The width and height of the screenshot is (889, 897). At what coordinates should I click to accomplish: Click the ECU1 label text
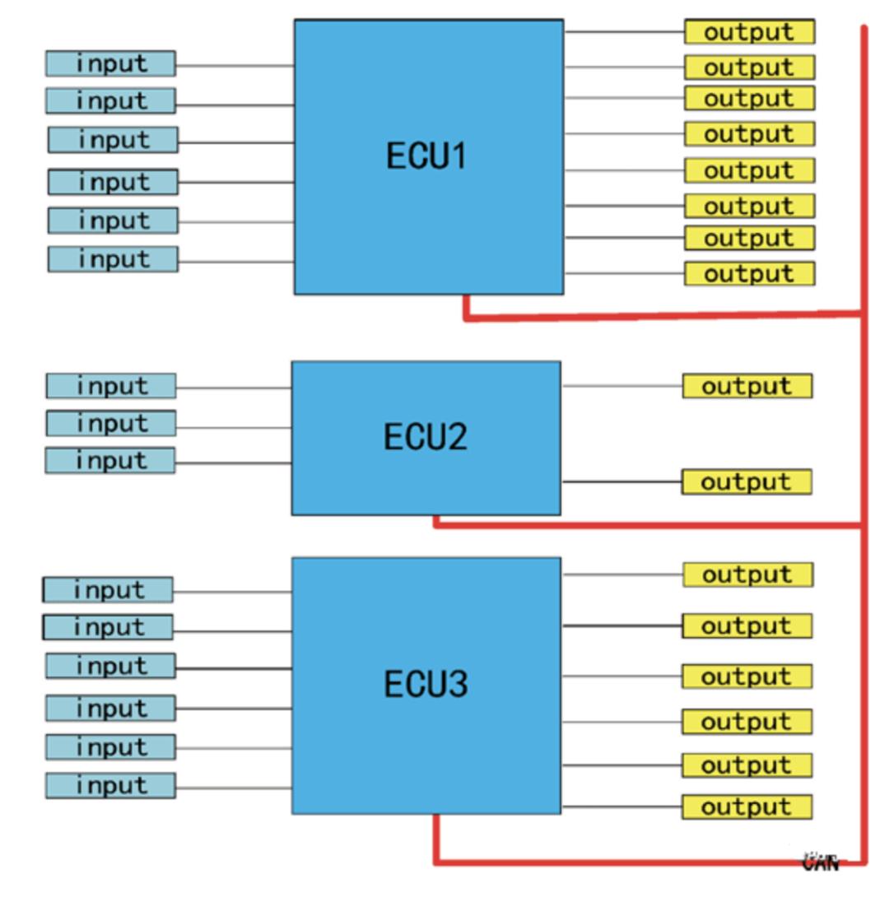click(426, 156)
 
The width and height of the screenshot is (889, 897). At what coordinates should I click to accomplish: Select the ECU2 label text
click(425, 437)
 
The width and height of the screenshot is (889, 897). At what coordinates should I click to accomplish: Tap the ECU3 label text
click(426, 684)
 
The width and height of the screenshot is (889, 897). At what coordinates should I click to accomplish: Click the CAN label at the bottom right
click(821, 862)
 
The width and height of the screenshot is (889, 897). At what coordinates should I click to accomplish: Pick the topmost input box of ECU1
click(110, 63)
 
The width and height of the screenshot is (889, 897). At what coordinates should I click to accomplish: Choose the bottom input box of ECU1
click(113, 259)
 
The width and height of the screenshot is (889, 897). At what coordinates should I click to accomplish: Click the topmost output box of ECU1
click(749, 32)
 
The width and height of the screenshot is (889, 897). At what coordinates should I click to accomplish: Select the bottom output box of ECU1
click(749, 273)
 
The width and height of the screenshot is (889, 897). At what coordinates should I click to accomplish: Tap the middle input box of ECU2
click(110, 424)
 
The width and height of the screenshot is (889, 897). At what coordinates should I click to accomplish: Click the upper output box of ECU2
click(747, 386)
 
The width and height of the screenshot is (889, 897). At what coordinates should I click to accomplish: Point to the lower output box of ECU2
click(747, 482)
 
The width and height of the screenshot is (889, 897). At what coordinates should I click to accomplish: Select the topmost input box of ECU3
click(108, 590)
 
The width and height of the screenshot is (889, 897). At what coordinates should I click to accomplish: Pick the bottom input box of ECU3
click(110, 786)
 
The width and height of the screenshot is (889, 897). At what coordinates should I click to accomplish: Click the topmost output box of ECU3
click(747, 574)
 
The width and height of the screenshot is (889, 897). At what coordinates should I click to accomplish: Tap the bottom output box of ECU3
click(747, 807)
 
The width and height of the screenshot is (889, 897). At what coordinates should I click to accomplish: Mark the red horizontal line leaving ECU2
click(650, 525)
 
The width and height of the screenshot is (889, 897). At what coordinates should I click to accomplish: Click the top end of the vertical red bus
click(864, 30)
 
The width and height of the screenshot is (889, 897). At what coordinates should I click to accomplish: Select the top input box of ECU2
click(110, 386)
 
